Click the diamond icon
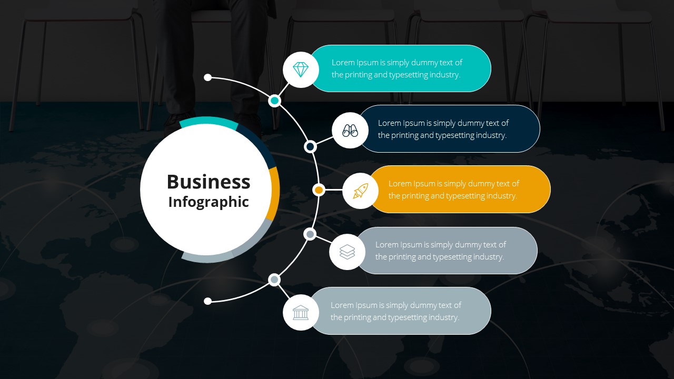pyautogui.click(x=301, y=69)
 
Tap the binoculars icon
pyautogui.click(x=350, y=130)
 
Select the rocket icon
pyautogui.click(x=361, y=191)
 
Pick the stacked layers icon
pyautogui.click(x=347, y=252)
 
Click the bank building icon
pyautogui.click(x=301, y=312)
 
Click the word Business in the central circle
pyautogui.click(x=209, y=182)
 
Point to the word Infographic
pyautogui.click(x=209, y=202)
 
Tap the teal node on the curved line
pyautogui.click(x=274, y=100)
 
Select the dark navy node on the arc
pyautogui.click(x=311, y=146)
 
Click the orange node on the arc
pyautogui.click(x=319, y=189)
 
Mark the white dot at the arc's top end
pyautogui.click(x=208, y=77)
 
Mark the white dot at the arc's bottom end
pyautogui.click(x=208, y=301)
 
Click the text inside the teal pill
pyautogui.click(x=397, y=68)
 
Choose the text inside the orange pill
pyautogui.click(x=453, y=189)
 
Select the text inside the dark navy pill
pyautogui.click(x=443, y=129)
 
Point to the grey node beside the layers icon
pyautogui.click(x=310, y=234)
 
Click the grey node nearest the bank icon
pyautogui.click(x=274, y=280)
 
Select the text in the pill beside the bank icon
pyautogui.click(x=395, y=311)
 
